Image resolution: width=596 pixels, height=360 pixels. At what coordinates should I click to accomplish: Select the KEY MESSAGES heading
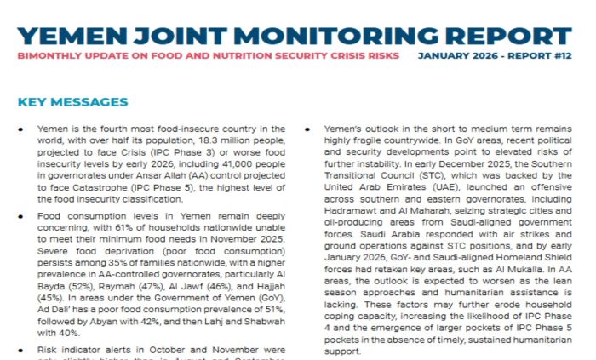click(72, 103)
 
